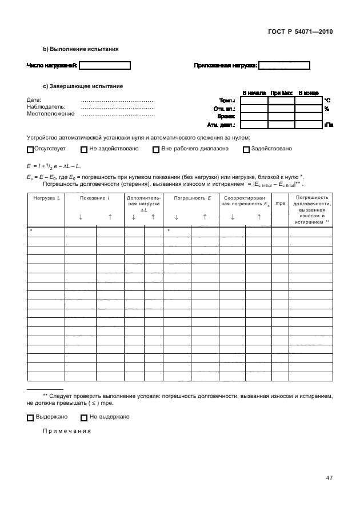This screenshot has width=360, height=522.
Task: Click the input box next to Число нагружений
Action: [105, 66]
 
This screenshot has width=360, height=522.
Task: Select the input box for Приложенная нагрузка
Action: [284, 66]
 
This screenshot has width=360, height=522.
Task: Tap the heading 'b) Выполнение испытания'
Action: [81, 49]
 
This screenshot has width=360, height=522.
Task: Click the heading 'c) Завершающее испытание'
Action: [83, 86]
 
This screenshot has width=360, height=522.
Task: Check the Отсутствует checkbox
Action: [30, 150]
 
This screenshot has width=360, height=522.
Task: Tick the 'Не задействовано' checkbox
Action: [84, 150]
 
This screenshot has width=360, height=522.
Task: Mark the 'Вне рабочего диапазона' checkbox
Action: [156, 150]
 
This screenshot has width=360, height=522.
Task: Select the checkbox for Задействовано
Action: [246, 150]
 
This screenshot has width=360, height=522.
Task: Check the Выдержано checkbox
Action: [30, 417]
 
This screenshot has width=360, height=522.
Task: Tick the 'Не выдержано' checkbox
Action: [84, 417]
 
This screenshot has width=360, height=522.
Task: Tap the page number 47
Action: [329, 478]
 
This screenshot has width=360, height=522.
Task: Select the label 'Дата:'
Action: [34, 100]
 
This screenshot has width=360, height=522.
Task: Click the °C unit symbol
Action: [327, 100]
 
